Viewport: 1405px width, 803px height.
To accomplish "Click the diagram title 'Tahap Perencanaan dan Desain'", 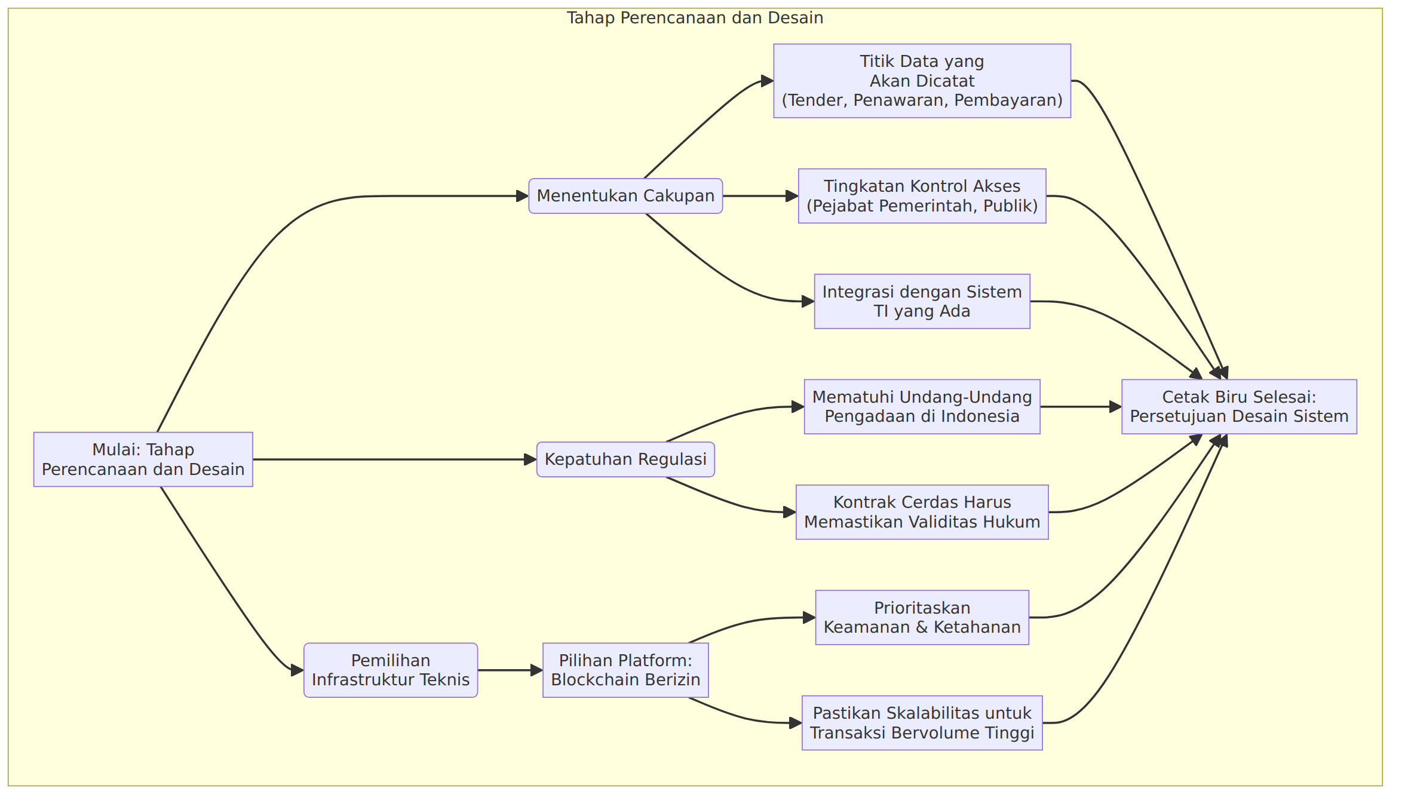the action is (695, 18).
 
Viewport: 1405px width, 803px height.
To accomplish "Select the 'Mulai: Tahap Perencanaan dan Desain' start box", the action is (143, 459).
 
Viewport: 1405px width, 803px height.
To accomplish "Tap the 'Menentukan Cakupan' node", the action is (625, 196).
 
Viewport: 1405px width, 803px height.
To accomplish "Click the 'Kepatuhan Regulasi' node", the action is (625, 459).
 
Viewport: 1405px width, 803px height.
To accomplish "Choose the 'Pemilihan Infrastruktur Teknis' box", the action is (391, 670).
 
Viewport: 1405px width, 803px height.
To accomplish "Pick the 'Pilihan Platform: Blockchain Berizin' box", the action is (625, 670).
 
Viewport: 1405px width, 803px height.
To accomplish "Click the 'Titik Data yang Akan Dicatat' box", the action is (922, 81).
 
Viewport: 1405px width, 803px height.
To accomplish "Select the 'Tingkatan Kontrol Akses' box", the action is (922, 196).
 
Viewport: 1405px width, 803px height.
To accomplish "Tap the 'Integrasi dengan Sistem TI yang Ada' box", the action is (922, 301).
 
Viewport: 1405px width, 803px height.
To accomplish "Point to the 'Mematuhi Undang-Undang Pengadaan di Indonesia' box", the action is (922, 407).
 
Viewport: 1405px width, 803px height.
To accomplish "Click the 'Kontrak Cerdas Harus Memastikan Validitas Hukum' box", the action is (922, 512).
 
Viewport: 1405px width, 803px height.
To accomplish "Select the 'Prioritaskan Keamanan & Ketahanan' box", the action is (922, 618).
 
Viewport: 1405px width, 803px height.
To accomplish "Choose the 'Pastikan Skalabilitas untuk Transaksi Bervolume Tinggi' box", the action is (922, 723).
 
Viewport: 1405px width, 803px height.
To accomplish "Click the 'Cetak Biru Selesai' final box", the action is (1240, 407).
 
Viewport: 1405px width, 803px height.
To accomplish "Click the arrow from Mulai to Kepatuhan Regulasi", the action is (395, 459).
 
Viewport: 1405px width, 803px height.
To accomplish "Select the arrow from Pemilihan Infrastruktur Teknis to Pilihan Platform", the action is (510, 670).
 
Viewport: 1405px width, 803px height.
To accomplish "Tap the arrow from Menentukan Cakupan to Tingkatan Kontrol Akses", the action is (760, 196).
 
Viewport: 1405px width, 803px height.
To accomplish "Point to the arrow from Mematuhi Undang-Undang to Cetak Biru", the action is (1081, 407).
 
